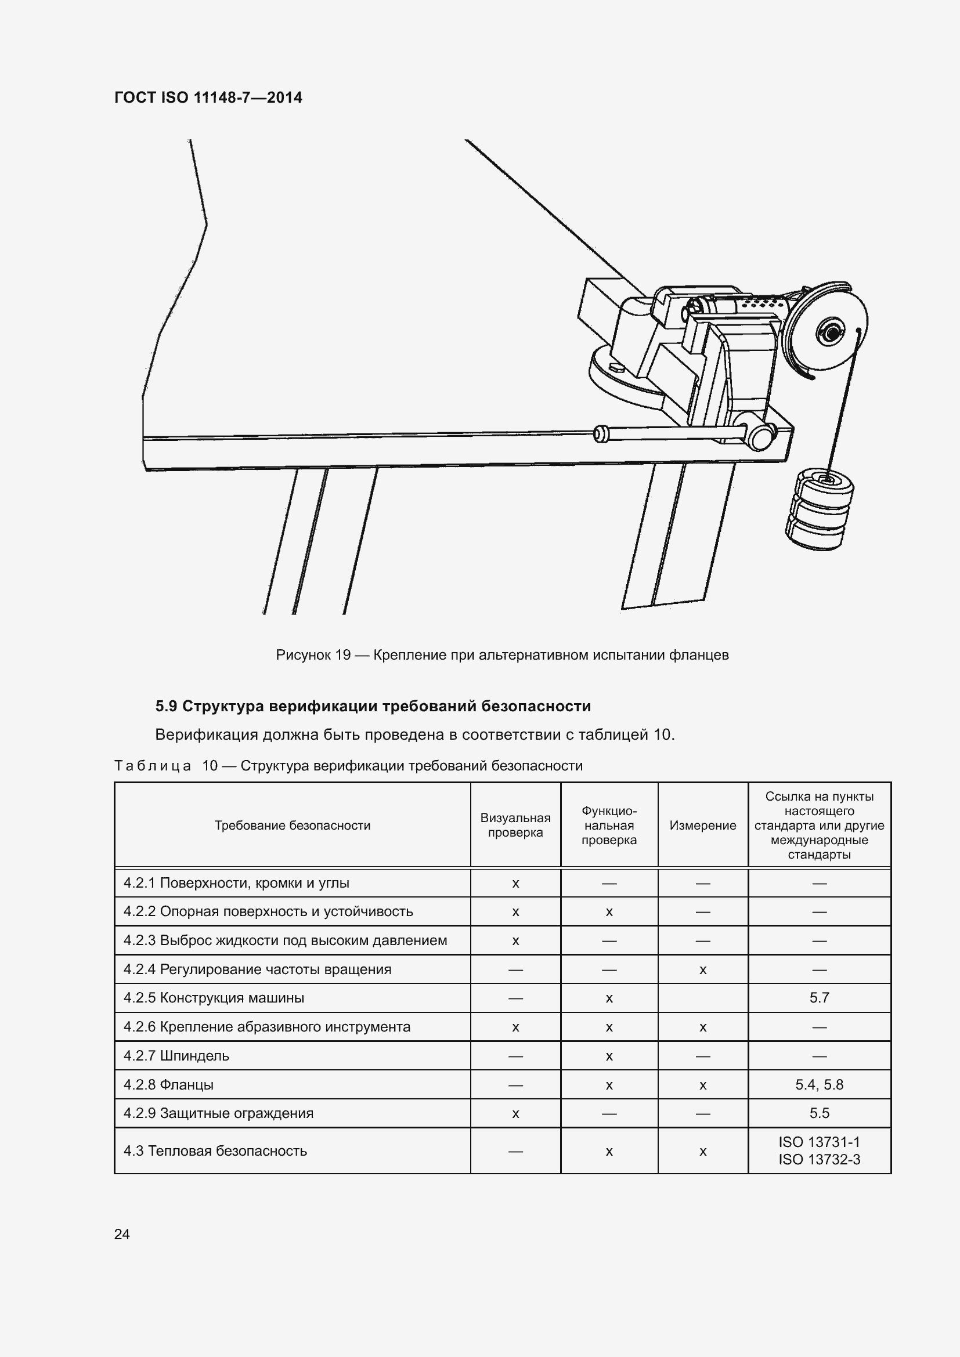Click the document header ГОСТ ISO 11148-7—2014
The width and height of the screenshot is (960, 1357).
click(x=208, y=97)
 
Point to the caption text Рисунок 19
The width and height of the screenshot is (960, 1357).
click(x=313, y=655)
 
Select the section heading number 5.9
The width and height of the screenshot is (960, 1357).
click(x=166, y=706)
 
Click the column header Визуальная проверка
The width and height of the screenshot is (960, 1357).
click(x=515, y=825)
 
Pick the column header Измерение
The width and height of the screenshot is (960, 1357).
click(x=703, y=825)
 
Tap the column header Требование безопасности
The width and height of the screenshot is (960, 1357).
click(x=292, y=825)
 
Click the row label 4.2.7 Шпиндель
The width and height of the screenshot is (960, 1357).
click(x=176, y=1055)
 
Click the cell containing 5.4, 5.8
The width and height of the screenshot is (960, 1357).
click(x=820, y=1084)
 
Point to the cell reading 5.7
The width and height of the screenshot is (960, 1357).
click(x=820, y=998)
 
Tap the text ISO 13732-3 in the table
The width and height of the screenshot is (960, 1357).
click(x=820, y=1160)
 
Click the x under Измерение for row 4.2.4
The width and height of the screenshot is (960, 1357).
click(x=703, y=969)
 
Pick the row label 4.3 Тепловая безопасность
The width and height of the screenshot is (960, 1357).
click(x=215, y=1150)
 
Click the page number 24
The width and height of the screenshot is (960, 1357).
click(x=122, y=1234)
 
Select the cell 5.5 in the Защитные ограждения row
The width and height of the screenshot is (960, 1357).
click(x=820, y=1113)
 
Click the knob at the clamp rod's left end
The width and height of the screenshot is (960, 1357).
click(x=601, y=434)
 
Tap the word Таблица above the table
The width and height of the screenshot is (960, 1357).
click(x=153, y=766)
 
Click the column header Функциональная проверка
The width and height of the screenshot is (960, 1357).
click(x=609, y=825)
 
